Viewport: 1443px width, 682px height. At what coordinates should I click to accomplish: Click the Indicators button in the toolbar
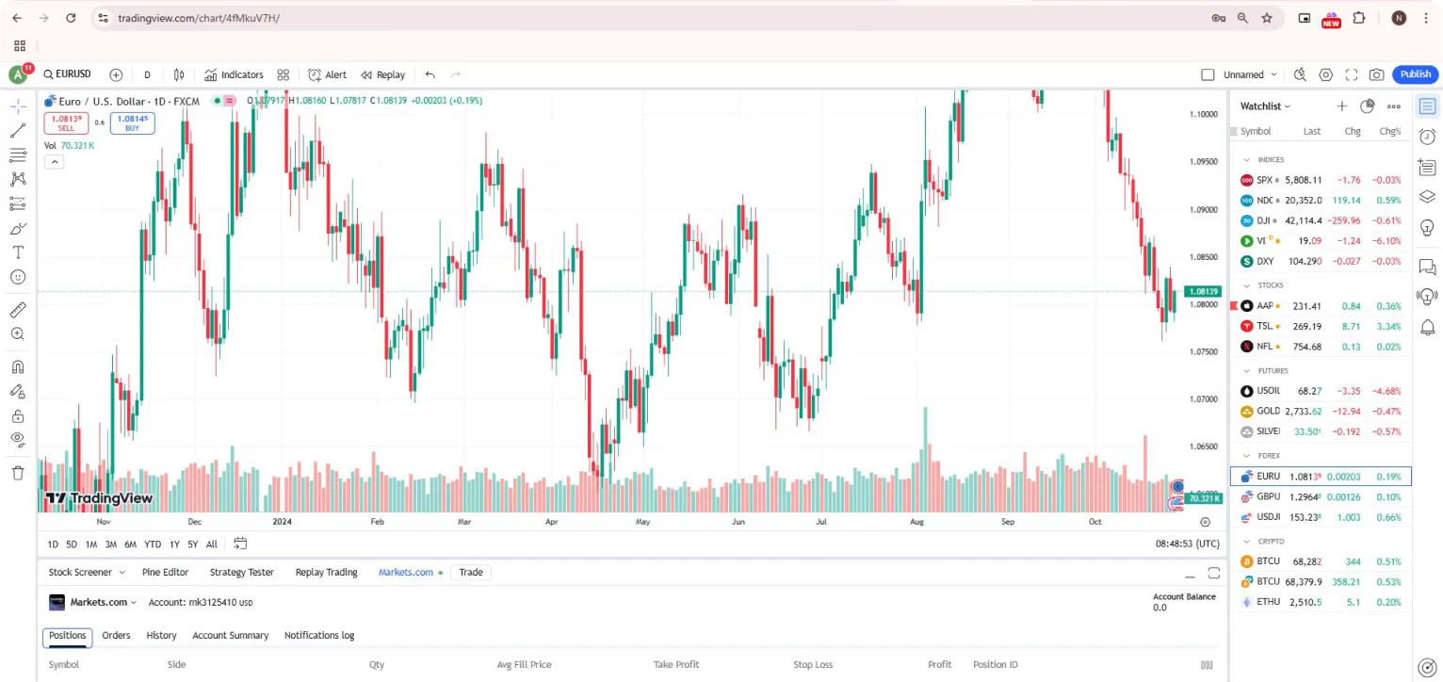[235, 74]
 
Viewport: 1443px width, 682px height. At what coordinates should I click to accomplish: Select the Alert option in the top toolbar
[328, 74]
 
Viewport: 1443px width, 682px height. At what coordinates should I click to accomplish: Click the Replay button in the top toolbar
[383, 74]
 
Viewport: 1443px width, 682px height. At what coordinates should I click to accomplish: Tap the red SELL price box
[66, 122]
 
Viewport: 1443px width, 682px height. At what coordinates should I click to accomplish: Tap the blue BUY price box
[132, 122]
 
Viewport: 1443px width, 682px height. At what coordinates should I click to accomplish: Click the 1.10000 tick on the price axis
[1203, 114]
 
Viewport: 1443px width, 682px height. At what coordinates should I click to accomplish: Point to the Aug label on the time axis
[916, 521]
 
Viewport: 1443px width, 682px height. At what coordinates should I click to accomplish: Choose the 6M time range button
[130, 544]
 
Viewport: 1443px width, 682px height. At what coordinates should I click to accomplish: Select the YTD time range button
[152, 544]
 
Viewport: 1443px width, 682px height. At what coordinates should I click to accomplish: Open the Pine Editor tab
[165, 572]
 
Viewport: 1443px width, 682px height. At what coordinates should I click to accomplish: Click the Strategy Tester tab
[241, 572]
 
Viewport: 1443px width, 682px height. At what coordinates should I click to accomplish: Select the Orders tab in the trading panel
[116, 636]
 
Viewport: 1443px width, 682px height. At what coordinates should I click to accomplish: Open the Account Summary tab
[230, 636]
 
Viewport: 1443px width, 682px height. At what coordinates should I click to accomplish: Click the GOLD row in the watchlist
[1319, 412]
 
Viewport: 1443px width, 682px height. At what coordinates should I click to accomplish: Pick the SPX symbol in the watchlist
[1264, 180]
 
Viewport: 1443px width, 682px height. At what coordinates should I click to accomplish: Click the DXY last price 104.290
[1304, 262]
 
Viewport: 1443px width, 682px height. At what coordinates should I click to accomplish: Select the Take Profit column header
[675, 665]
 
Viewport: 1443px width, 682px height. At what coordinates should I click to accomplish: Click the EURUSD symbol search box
[67, 74]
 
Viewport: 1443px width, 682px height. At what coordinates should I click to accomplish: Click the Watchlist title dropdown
[1265, 106]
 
